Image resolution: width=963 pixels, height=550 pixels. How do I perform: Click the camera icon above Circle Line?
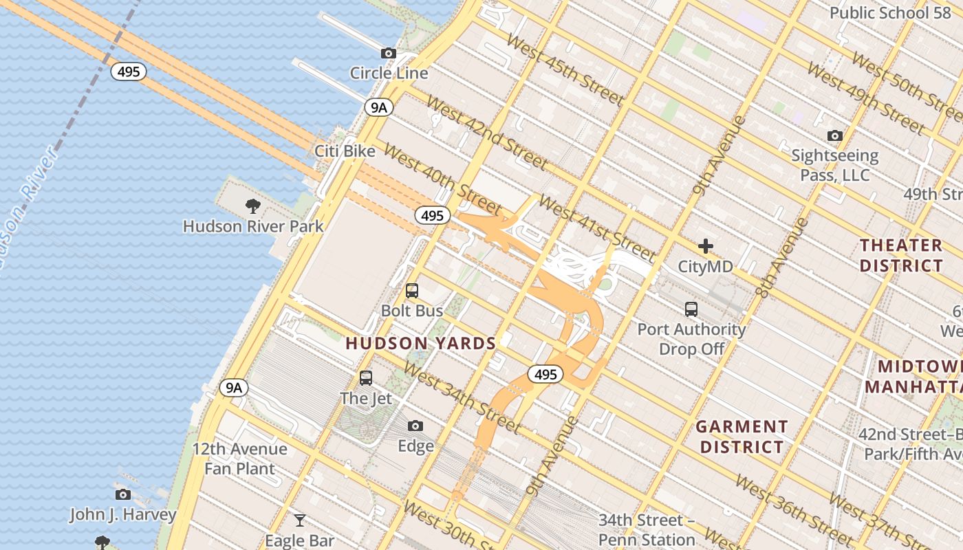pyautogui.click(x=389, y=53)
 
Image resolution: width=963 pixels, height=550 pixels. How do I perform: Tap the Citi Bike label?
pyautogui.click(x=345, y=151)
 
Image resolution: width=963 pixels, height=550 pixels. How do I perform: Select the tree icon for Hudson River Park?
pyautogui.click(x=253, y=206)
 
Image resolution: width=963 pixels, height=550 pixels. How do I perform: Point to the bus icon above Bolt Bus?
pyautogui.click(x=412, y=291)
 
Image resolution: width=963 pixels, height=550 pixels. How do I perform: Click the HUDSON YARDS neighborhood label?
pyautogui.click(x=420, y=343)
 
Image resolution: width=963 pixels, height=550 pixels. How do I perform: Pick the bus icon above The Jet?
pyautogui.click(x=366, y=377)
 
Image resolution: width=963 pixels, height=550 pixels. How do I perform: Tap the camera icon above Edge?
pyautogui.click(x=415, y=426)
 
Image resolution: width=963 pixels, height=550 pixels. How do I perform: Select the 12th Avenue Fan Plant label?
pyautogui.click(x=239, y=459)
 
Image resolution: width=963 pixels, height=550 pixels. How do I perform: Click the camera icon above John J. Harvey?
pyautogui.click(x=123, y=494)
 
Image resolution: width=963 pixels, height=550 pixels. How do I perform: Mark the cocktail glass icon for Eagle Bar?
pyautogui.click(x=300, y=520)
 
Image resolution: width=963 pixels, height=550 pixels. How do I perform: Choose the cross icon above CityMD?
pyautogui.click(x=706, y=246)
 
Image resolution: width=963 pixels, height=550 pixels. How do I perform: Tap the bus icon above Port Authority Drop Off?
pyautogui.click(x=691, y=309)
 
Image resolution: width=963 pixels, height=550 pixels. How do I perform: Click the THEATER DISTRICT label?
pyautogui.click(x=901, y=255)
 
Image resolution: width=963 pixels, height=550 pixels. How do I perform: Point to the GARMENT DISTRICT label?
pyautogui.click(x=742, y=437)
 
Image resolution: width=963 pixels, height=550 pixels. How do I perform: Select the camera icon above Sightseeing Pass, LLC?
pyautogui.click(x=835, y=135)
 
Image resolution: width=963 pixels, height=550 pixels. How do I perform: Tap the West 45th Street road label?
pyautogui.click(x=564, y=69)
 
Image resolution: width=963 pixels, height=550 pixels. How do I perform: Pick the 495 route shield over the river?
pyautogui.click(x=129, y=71)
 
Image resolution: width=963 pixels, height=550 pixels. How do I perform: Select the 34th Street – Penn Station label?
pyautogui.click(x=647, y=529)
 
